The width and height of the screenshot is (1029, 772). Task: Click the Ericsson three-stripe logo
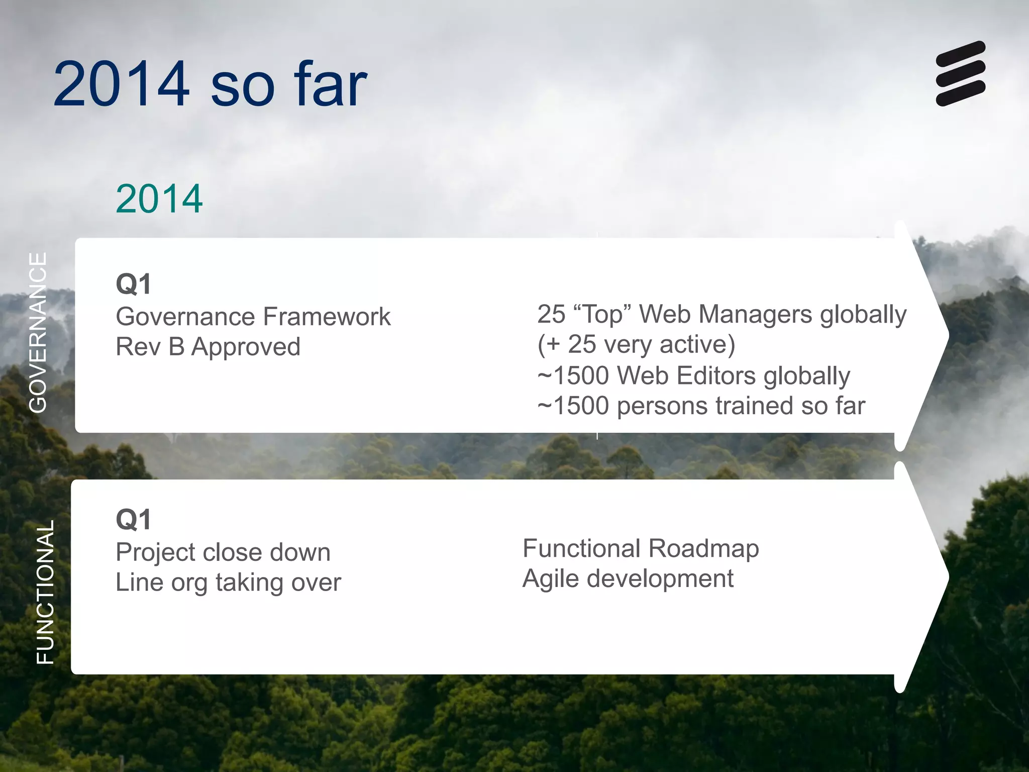(x=960, y=73)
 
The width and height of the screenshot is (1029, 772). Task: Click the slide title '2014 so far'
(x=210, y=84)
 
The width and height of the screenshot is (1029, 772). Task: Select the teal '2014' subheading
(x=159, y=199)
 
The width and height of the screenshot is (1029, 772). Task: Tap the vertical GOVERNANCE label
(x=38, y=333)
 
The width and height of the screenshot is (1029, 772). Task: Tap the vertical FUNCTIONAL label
(x=46, y=592)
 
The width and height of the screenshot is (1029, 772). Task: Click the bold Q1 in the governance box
(x=133, y=284)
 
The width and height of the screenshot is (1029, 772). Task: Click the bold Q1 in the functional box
(x=133, y=520)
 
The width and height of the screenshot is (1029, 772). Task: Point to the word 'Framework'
(x=327, y=317)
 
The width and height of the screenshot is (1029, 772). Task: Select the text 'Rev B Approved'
(x=208, y=347)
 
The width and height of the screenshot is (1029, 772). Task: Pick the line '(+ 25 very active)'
(x=636, y=345)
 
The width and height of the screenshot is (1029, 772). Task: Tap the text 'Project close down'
(x=223, y=552)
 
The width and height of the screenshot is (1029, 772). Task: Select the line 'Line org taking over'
(x=228, y=583)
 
